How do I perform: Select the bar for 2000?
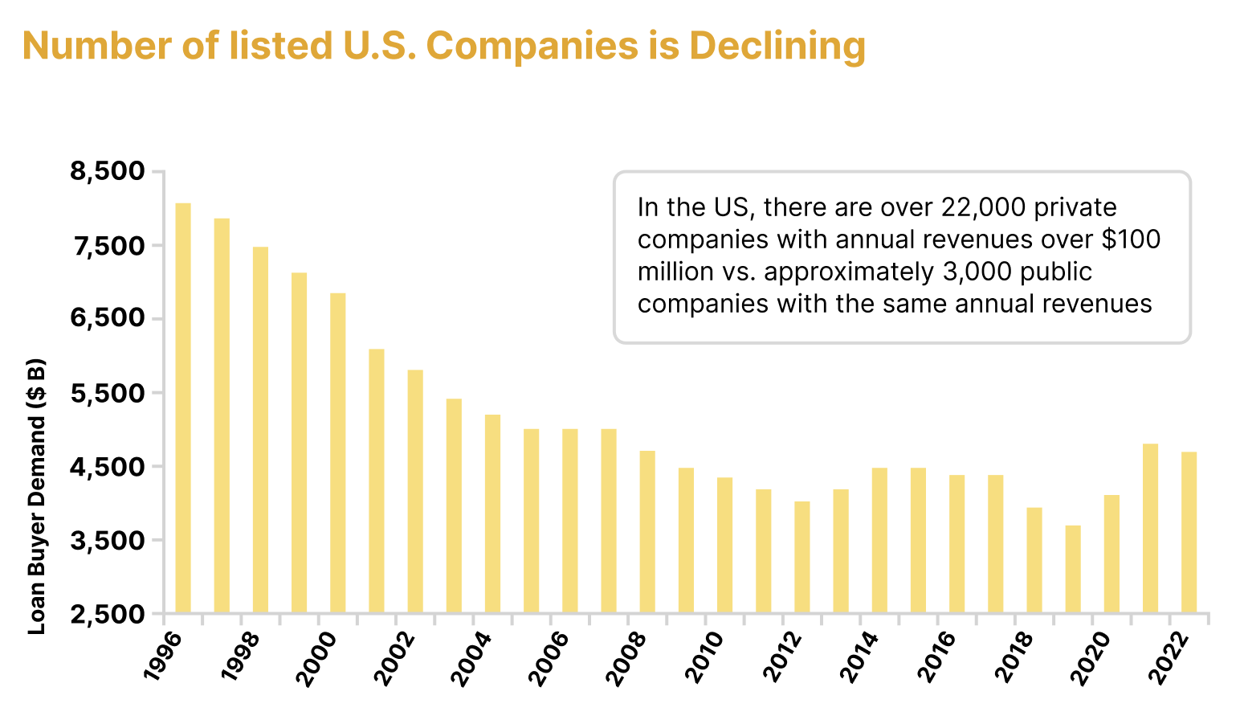[338, 453]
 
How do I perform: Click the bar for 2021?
[1150, 528]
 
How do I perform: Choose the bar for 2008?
[647, 532]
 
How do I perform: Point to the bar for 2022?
[1189, 532]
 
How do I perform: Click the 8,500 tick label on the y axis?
[108, 172]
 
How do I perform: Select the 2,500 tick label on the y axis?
[108, 615]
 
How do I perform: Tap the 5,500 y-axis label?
[108, 394]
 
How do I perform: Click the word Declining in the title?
[777, 46]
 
